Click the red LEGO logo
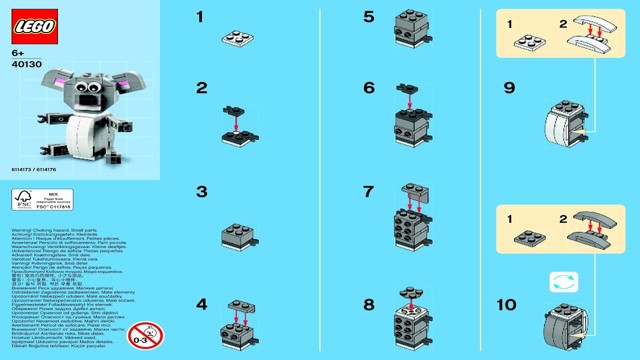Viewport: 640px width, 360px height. tap(34, 26)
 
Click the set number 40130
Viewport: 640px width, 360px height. tap(26, 64)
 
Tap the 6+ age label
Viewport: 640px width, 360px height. tap(18, 53)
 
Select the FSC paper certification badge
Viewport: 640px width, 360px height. tap(42, 199)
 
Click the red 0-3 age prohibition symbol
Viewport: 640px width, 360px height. tap(145, 335)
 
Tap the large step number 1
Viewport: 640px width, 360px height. tap(200, 17)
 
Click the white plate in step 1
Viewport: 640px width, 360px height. tap(237, 38)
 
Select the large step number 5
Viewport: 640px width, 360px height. tap(368, 17)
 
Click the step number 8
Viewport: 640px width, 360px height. tap(368, 305)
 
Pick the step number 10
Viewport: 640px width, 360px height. tap(506, 305)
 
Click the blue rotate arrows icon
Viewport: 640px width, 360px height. tap(563, 282)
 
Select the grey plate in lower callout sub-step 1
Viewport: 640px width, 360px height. tap(529, 237)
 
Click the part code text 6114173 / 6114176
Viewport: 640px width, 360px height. tap(33, 169)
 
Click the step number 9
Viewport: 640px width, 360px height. tap(509, 88)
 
